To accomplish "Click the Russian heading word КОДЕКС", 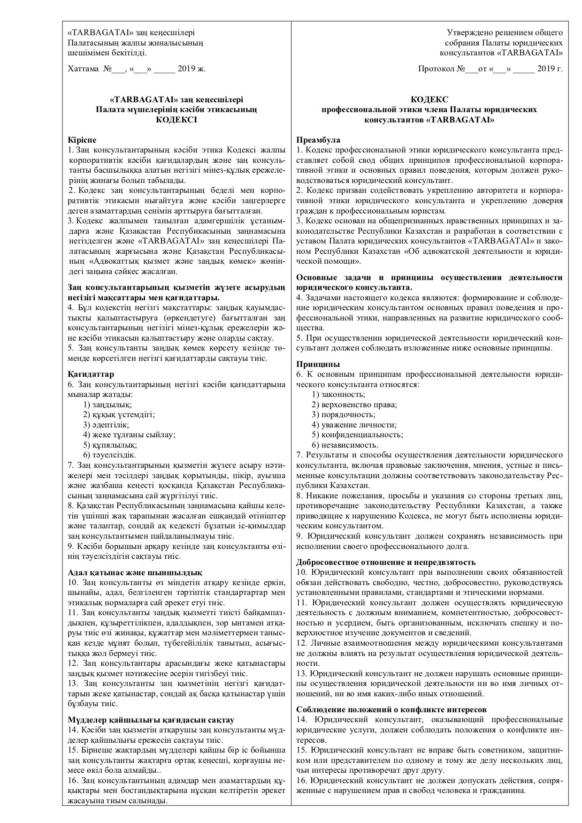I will click(x=429, y=99).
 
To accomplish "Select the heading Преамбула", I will click(x=318, y=140).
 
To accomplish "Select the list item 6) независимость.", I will click(x=345, y=445).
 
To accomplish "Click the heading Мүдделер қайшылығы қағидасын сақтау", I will click(x=151, y=720).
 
